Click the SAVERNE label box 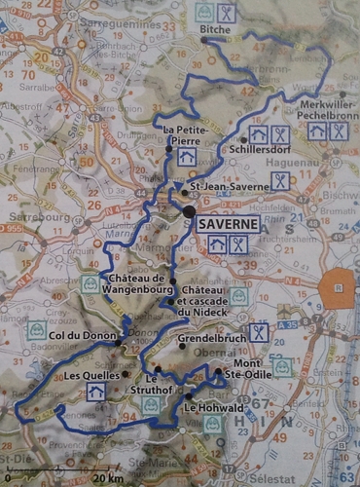coord(230,223)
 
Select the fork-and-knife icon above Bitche coord(227,13)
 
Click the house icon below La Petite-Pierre coord(187,156)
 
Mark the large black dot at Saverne coord(189,210)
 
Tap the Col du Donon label coord(80,341)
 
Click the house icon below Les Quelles coord(95,391)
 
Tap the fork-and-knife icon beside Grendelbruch coord(258,332)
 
